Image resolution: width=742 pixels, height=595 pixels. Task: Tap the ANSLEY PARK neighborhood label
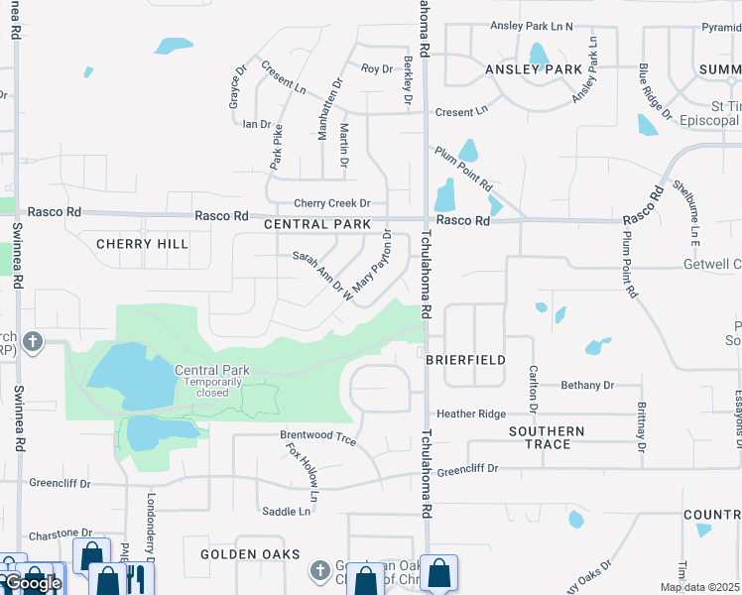pos(533,69)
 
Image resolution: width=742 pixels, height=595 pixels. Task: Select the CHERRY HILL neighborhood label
pos(142,244)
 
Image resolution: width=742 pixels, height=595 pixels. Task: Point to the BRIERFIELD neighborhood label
pos(466,360)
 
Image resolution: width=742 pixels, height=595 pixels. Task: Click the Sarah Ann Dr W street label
pos(322,275)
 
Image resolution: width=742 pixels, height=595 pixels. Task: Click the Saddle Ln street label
pos(286,512)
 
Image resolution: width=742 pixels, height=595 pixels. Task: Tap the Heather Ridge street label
pos(471,414)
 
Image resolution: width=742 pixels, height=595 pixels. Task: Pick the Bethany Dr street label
pos(587,385)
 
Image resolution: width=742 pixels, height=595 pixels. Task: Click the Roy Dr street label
pos(377,68)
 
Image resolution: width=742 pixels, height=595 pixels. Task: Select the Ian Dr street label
pos(257,124)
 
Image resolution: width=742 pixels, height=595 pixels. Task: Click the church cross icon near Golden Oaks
pos(319,570)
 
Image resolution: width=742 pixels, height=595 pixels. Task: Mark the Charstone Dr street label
pos(60,534)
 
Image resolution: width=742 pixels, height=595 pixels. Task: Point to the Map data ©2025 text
pos(699,587)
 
